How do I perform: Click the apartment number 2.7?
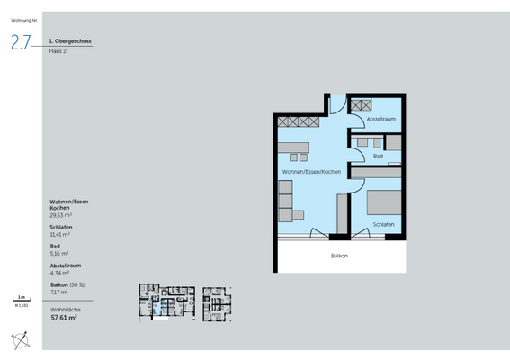click(x=22, y=41)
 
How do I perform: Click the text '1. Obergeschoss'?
click(x=70, y=41)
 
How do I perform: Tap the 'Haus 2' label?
click(x=58, y=51)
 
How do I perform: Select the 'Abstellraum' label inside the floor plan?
click(x=381, y=119)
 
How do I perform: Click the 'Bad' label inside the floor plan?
click(x=379, y=156)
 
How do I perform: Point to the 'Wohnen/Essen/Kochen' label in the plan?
click(x=309, y=171)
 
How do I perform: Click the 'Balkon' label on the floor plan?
click(x=339, y=256)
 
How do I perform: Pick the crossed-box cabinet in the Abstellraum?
click(x=362, y=104)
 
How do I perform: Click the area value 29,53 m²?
click(x=61, y=216)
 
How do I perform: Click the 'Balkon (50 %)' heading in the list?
click(x=67, y=284)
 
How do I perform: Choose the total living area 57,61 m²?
click(x=63, y=317)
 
